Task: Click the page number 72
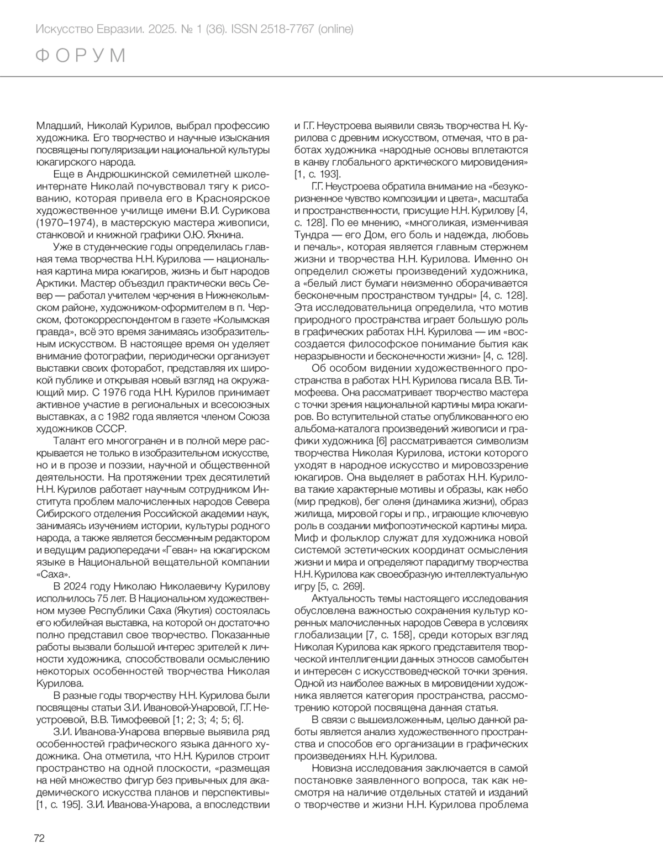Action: coord(39,838)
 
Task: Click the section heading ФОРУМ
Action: coord(81,56)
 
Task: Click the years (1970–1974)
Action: coord(64,223)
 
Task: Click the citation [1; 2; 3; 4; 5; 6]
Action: coord(207,719)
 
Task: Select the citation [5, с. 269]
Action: coord(336,586)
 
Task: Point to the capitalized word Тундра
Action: coord(312,235)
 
